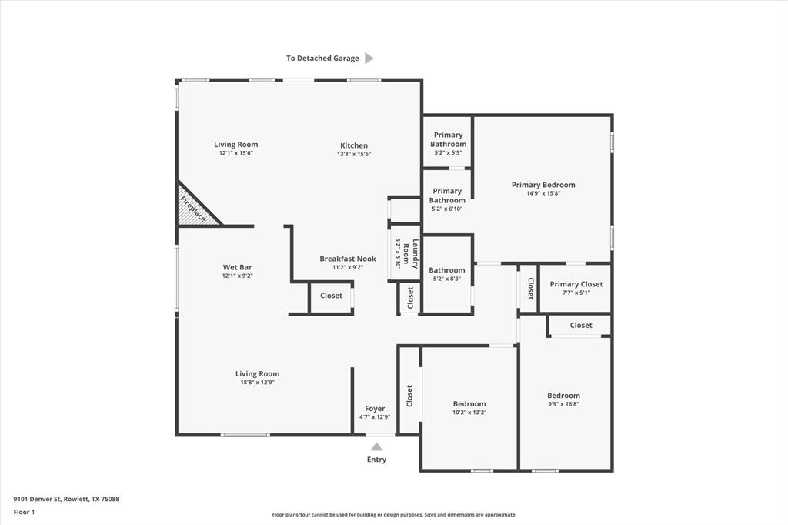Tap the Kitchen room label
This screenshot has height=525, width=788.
[x=354, y=145]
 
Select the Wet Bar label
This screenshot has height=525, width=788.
[x=237, y=267]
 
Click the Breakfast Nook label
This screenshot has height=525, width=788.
[x=348, y=259]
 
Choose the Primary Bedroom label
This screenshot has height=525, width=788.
[x=543, y=185]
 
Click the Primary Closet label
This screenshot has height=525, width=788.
[x=576, y=284]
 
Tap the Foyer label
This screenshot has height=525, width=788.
[x=375, y=409]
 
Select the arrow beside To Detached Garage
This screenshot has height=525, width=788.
[x=369, y=58]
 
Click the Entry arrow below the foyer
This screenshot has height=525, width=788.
[x=376, y=446]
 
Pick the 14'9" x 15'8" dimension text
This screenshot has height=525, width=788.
[x=543, y=193]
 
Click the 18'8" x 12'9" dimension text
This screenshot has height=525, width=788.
[x=257, y=383]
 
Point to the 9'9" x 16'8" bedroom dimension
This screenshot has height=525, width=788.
[x=563, y=404]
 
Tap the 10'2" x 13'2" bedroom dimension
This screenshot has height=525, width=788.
[x=469, y=413]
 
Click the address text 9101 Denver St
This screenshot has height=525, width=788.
[x=66, y=499]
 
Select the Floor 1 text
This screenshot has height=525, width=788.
[x=25, y=511]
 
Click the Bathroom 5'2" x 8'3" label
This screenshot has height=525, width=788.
[x=447, y=270]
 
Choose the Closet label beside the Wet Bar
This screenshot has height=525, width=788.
[x=331, y=296]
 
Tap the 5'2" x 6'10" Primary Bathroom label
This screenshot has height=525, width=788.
[x=447, y=196]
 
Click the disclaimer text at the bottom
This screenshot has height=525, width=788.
[x=394, y=515]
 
